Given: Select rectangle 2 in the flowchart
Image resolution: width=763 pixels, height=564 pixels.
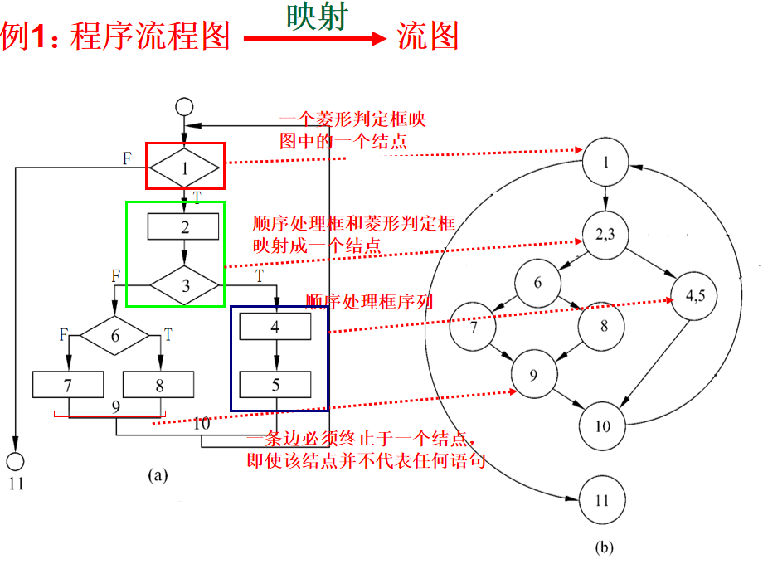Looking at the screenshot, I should tap(184, 226).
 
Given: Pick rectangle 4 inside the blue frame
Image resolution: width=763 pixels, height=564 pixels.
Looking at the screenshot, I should tap(276, 327).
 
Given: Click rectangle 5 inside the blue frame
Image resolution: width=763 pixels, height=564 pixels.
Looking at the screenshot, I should tap(276, 384).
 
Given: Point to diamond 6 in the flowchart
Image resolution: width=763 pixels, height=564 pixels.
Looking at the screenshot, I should tap(115, 336).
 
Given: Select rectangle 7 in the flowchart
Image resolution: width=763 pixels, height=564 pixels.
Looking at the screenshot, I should tap(69, 384).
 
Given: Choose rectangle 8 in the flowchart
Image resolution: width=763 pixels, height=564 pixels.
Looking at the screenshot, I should tap(158, 384).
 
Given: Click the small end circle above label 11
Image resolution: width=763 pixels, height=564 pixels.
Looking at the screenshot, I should tap(16, 460).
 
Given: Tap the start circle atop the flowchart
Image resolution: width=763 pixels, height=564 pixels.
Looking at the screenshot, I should tap(184, 107).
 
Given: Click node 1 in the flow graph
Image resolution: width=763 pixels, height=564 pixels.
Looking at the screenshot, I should tap(605, 162).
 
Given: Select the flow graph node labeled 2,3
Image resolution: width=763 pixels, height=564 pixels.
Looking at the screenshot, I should tap(605, 232).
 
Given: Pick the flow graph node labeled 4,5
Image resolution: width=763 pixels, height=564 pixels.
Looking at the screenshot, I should tap(695, 297).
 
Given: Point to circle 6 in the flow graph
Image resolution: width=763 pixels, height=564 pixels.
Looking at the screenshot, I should tap(537, 283).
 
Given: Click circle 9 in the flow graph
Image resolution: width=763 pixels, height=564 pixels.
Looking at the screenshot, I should tap(533, 375).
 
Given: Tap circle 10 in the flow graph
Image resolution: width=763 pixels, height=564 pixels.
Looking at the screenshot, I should tap(602, 425).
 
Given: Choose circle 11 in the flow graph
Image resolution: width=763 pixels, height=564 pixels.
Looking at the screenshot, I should tap(602, 500).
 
